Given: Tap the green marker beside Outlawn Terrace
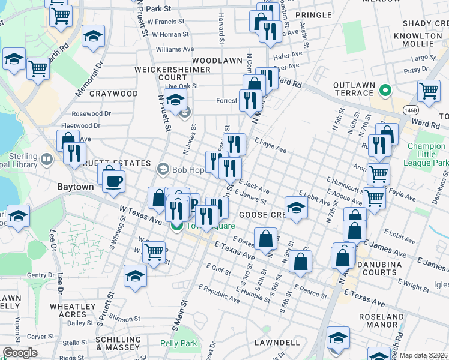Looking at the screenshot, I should point(387,92).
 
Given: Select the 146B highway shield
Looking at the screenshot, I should point(410,110).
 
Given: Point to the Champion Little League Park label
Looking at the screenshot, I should point(427,154).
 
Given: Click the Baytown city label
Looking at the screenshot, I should point(75,187).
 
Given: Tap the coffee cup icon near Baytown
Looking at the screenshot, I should point(113,181).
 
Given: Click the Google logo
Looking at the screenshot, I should point(20,353).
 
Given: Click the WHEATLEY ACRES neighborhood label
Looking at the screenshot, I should point(68,310).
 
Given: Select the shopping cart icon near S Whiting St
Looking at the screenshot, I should point(154,251).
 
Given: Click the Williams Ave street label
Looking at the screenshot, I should point(175,49).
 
